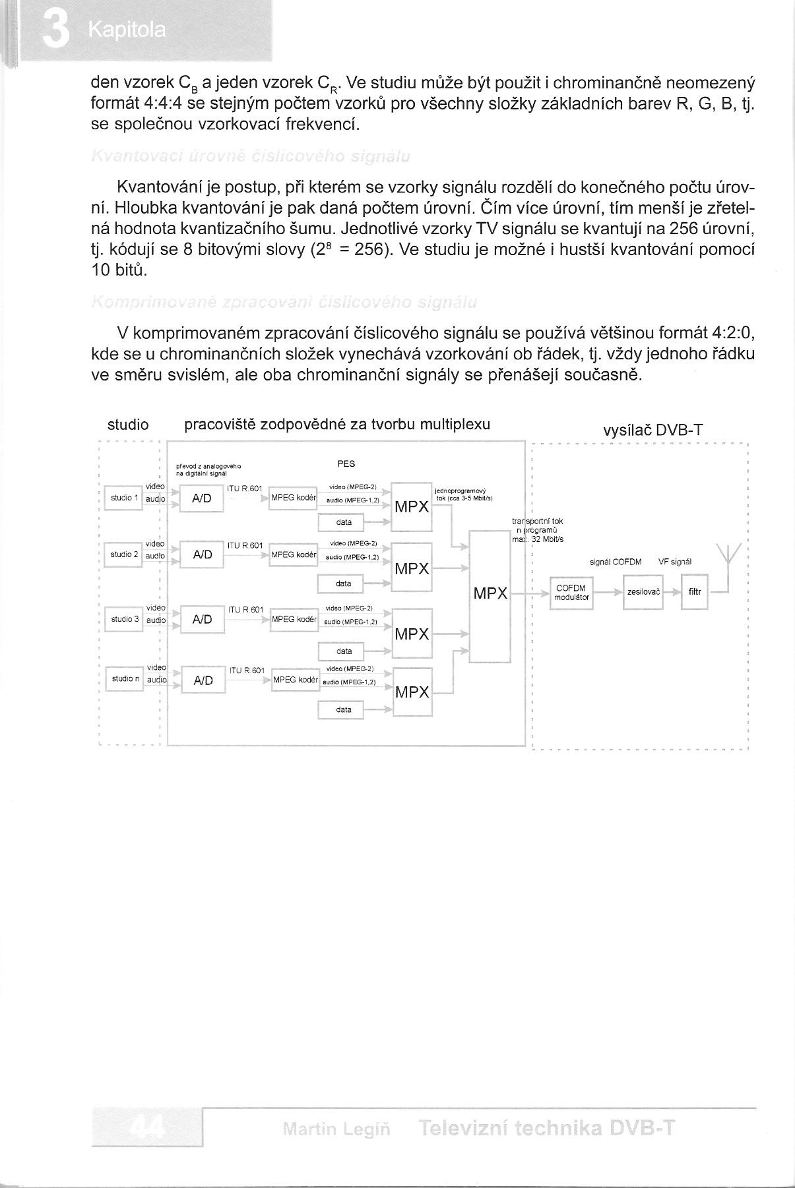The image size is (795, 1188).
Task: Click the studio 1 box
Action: [124, 498]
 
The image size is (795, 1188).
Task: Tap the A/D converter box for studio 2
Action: [202, 555]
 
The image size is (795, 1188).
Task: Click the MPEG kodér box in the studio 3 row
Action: [294, 619]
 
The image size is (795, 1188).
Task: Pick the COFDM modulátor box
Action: [571, 593]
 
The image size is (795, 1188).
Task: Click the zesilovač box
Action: [643, 592]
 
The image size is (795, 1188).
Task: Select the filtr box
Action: [694, 592]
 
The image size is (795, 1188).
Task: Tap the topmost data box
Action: [344, 522]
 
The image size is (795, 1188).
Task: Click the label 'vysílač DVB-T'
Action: [652, 431]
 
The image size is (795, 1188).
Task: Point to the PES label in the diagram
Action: [346, 464]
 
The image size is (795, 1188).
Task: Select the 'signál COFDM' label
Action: [615, 562]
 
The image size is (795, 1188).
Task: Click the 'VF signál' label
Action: [674, 562]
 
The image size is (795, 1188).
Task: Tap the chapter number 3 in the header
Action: [55, 30]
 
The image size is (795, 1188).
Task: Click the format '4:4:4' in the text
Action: [163, 104]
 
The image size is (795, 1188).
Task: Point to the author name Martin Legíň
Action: [336, 1129]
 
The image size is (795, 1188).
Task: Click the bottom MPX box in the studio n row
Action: [412, 692]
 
